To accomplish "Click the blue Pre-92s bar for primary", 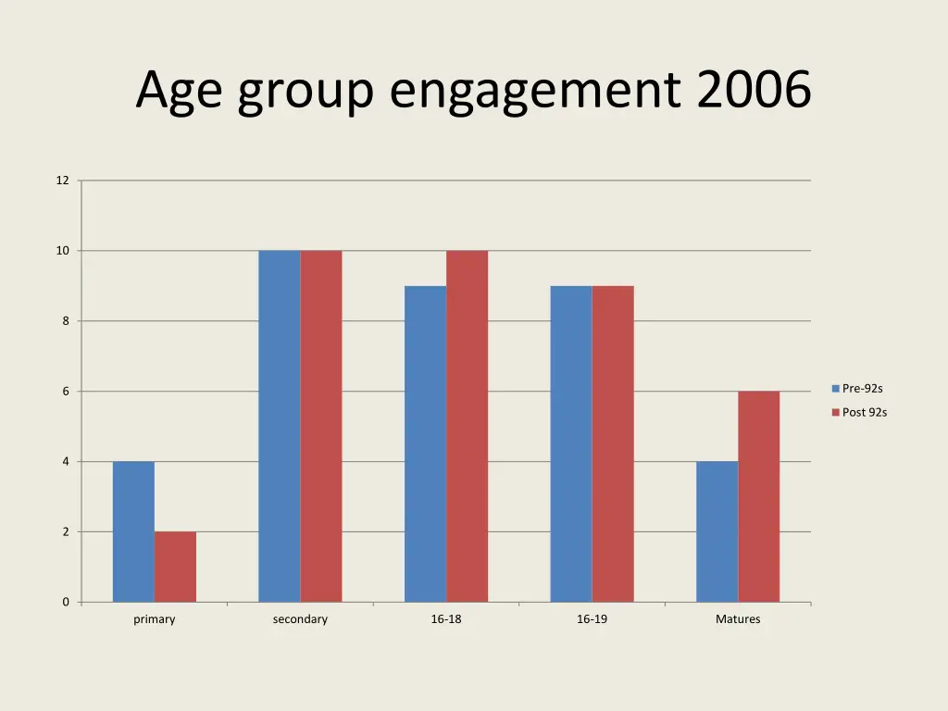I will click(133, 531).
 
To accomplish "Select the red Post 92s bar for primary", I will click(175, 567).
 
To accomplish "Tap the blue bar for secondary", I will click(279, 426).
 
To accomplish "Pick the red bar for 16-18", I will click(467, 426).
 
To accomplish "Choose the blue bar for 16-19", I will click(570, 443).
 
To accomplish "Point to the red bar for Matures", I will click(758, 496).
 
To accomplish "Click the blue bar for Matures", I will click(717, 531).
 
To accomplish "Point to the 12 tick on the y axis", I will click(62, 181).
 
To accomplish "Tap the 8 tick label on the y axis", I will click(65, 321).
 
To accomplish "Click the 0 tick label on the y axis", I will click(65, 603).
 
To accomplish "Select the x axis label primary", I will click(154, 619).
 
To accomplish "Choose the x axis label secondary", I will click(300, 619).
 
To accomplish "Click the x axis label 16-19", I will click(592, 619).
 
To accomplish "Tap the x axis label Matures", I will click(738, 619).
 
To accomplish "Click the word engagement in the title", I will click(536, 93).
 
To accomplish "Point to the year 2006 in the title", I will click(754, 91).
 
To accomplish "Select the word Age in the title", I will click(178, 93).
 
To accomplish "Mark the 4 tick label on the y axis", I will click(65, 462).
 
